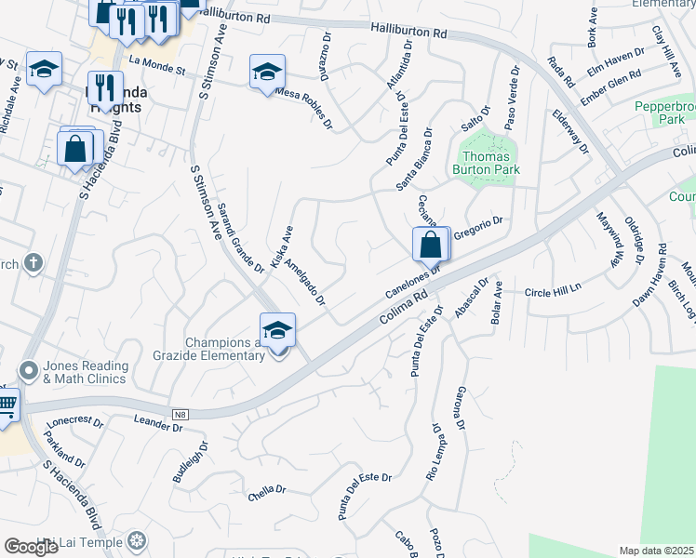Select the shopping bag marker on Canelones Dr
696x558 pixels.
pyautogui.click(x=431, y=246)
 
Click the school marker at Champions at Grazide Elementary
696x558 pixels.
pyautogui.click(x=277, y=331)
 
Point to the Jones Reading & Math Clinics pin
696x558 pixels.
pyautogui.click(x=29, y=371)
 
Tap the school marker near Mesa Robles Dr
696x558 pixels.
pyautogui.click(x=267, y=73)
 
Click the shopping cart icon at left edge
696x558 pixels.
pyautogui.click(x=7, y=405)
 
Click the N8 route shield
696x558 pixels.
pyautogui.click(x=181, y=414)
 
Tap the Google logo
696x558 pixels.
pyautogui.click(x=32, y=547)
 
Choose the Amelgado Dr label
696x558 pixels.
pyautogui.click(x=305, y=282)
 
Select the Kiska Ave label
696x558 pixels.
pyautogui.click(x=282, y=247)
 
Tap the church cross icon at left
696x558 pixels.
pyautogui.click(x=34, y=264)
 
